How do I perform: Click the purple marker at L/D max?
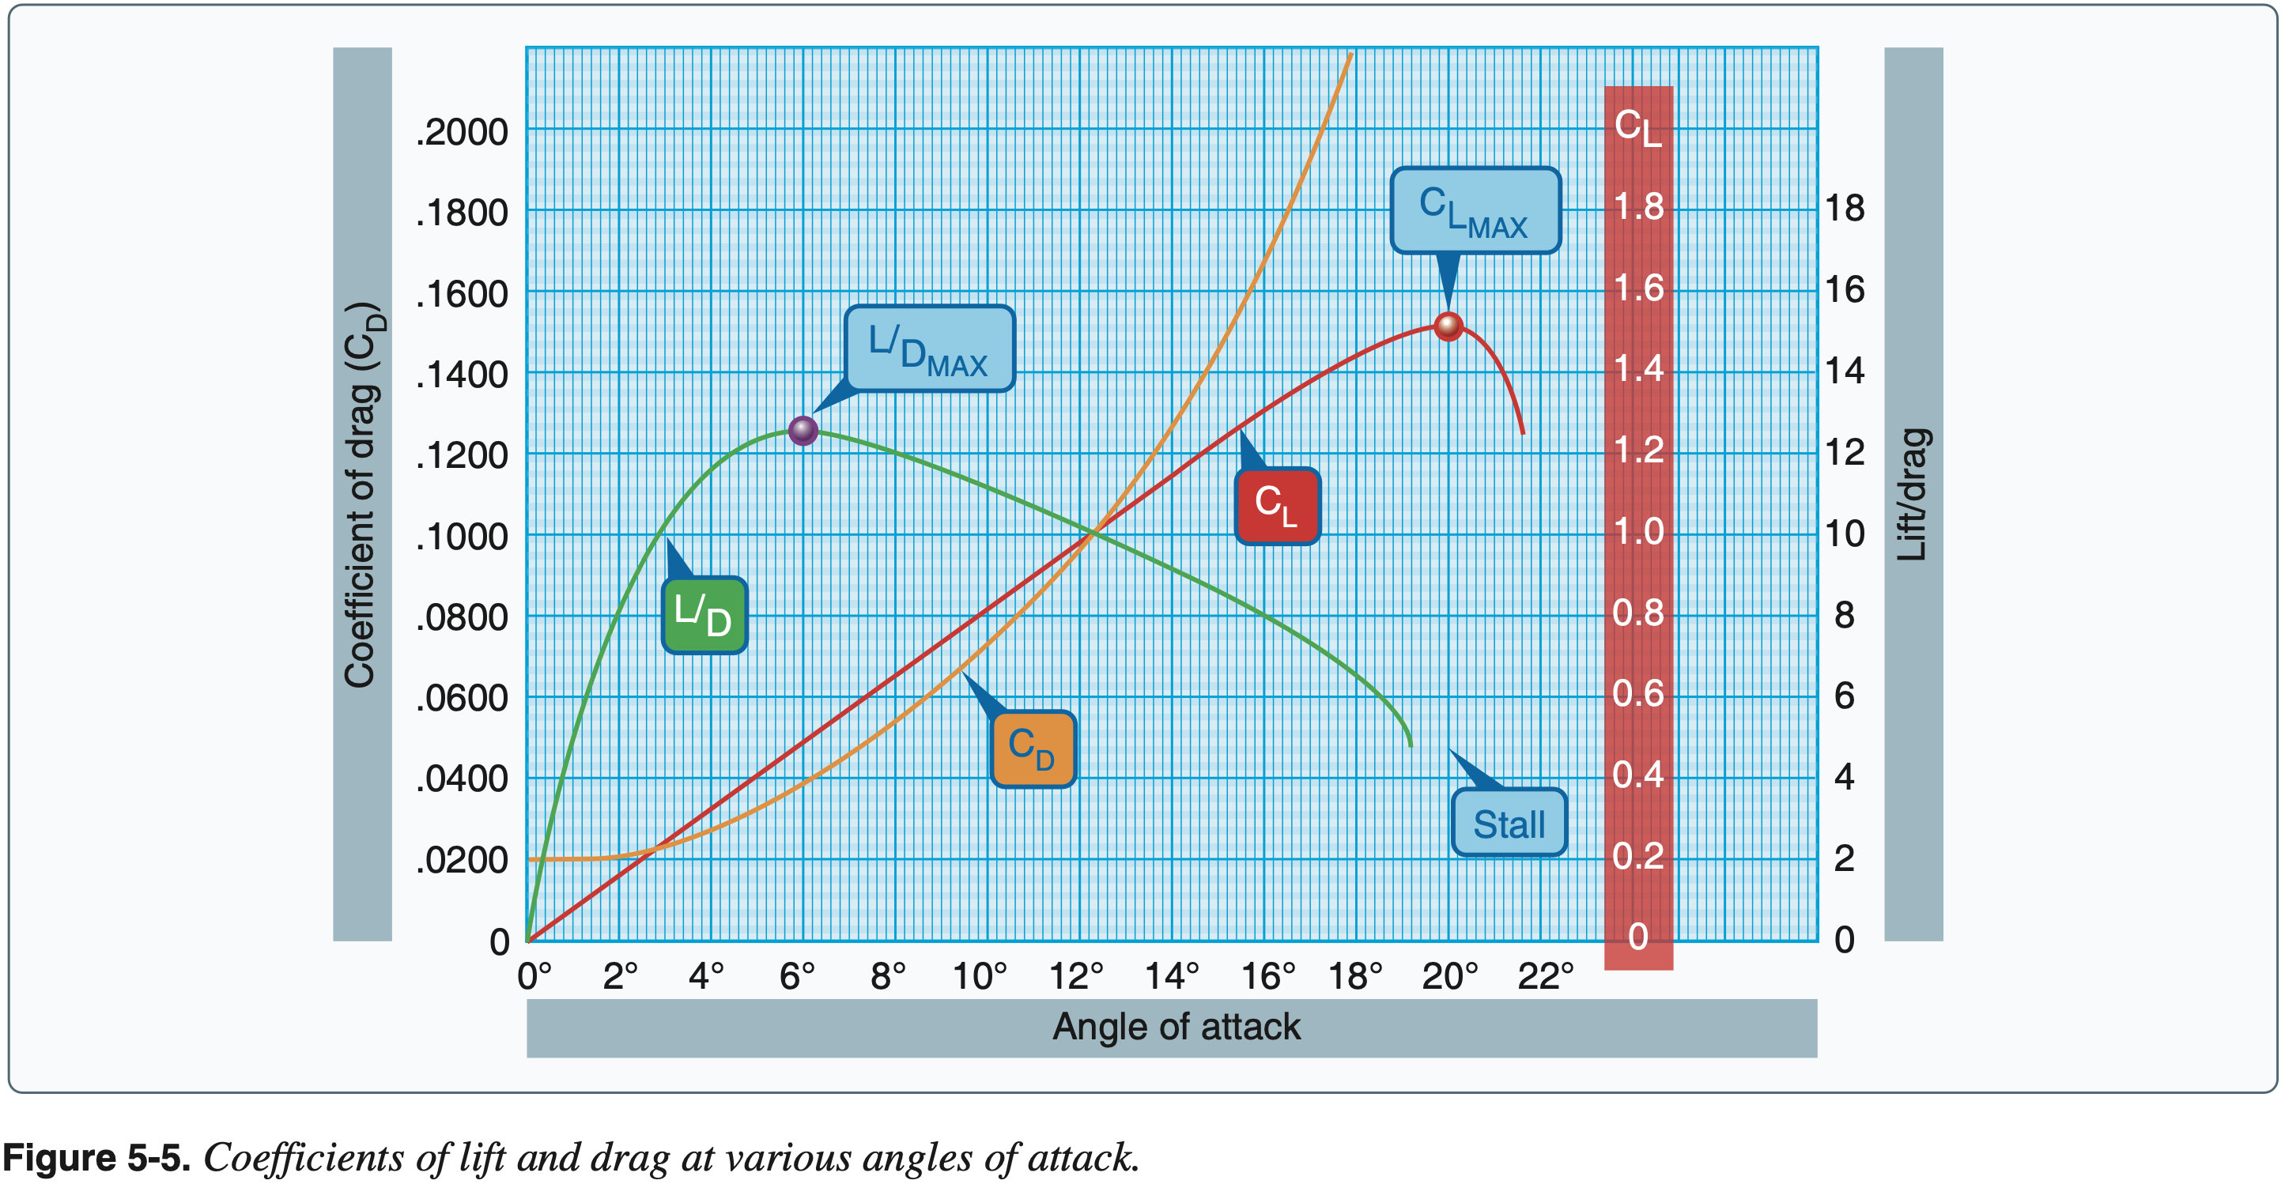[803, 431]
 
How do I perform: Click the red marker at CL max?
[1448, 326]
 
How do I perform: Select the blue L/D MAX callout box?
[929, 349]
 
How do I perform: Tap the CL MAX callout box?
[1475, 210]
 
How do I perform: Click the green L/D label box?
[704, 616]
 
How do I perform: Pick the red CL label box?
[1278, 506]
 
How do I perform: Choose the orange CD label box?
[1033, 749]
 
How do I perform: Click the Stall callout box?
[1508, 823]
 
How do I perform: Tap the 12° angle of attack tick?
[1076, 976]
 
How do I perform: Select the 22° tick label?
[1545, 976]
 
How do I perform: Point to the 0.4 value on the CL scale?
[1638, 775]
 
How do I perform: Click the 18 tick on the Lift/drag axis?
[1844, 209]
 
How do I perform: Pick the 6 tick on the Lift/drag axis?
[1844, 696]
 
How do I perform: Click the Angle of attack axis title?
[1176, 1027]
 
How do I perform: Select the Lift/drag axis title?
[1913, 494]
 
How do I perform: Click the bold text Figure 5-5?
[96, 1158]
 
